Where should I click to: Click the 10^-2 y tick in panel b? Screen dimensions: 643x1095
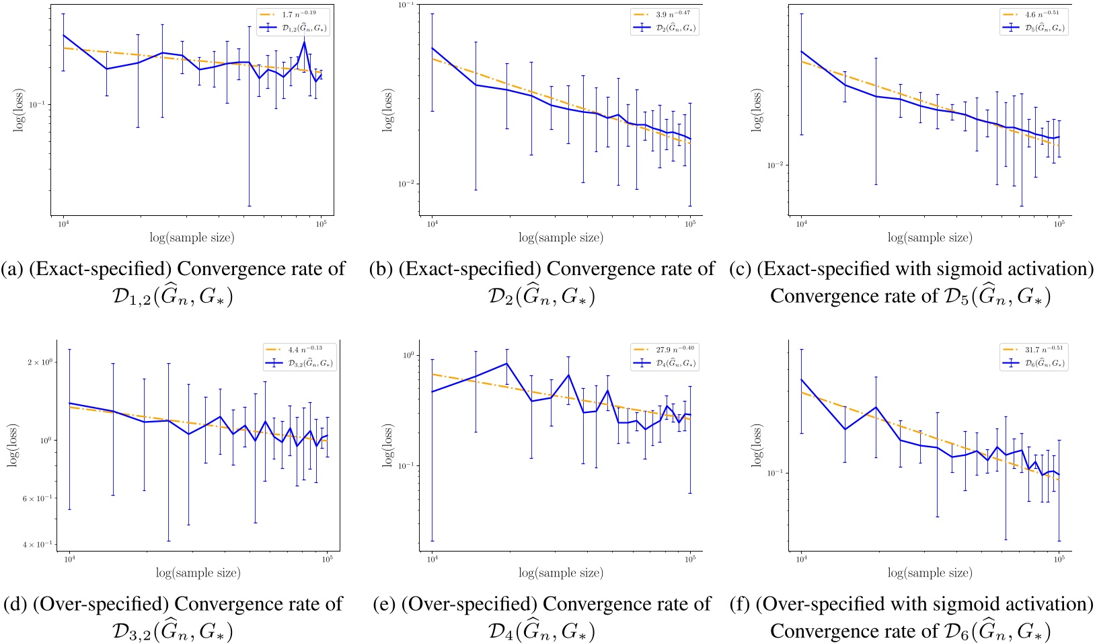408,184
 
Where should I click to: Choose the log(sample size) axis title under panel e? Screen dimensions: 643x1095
561,573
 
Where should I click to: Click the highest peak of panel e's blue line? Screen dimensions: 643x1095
506,363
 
